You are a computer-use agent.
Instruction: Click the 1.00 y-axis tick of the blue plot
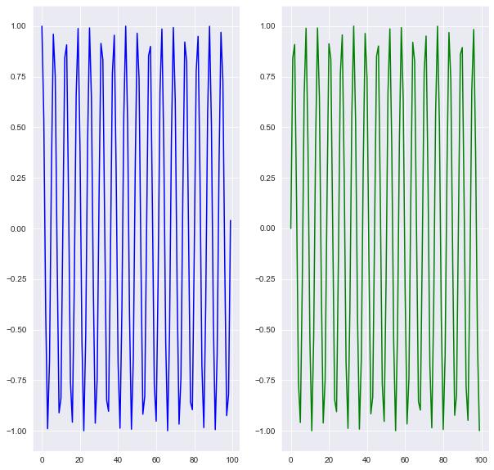click(x=19, y=26)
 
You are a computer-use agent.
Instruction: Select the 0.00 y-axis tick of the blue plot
click(x=19, y=228)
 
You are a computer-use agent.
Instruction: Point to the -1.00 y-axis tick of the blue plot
click(x=17, y=431)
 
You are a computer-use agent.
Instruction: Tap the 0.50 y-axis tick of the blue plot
click(x=19, y=128)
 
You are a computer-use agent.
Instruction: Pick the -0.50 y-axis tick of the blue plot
click(x=17, y=330)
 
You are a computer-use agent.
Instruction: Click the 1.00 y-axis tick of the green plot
click(x=267, y=26)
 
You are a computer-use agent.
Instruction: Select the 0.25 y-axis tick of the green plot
click(x=267, y=178)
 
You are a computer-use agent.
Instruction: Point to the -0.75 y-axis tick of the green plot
click(x=266, y=380)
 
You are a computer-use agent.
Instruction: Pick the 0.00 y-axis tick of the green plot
click(x=267, y=228)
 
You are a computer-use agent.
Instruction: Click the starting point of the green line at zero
click(x=290, y=228)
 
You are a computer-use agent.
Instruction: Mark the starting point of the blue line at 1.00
click(x=42, y=26)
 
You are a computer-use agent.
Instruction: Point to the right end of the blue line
click(x=231, y=220)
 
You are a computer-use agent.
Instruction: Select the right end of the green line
click(x=479, y=431)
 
